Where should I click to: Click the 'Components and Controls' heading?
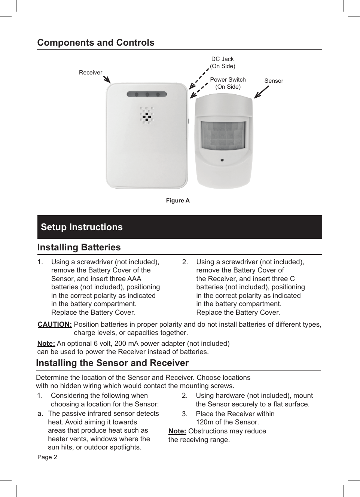pyautogui.click(x=95, y=43)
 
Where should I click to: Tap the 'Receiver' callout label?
pyautogui.click(x=90, y=73)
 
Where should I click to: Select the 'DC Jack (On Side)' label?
pyautogui.click(x=222, y=62)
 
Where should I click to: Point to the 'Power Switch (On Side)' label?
pyautogui.click(x=228, y=83)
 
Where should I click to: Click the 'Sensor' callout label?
pyautogui.click(x=274, y=81)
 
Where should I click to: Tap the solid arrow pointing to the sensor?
pyautogui.click(x=261, y=92)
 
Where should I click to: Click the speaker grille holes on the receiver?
pyautogui.click(x=146, y=115)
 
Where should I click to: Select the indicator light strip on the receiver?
pyautogui.click(x=147, y=94)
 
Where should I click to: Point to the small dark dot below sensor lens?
pyautogui.click(x=222, y=160)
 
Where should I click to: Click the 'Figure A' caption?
pyautogui.click(x=178, y=201)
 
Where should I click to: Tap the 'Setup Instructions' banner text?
pyautogui.click(x=82, y=227)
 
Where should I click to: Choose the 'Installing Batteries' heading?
pyautogui.click(x=79, y=247)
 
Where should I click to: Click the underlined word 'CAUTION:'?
pyautogui.click(x=55, y=324)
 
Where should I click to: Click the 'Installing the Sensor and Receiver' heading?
pyautogui.click(x=112, y=363)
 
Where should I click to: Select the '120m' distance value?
pyautogui.click(x=204, y=422)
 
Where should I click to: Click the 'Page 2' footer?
pyautogui.click(x=47, y=457)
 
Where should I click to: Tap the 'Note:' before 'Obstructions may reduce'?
pyautogui.click(x=177, y=431)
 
